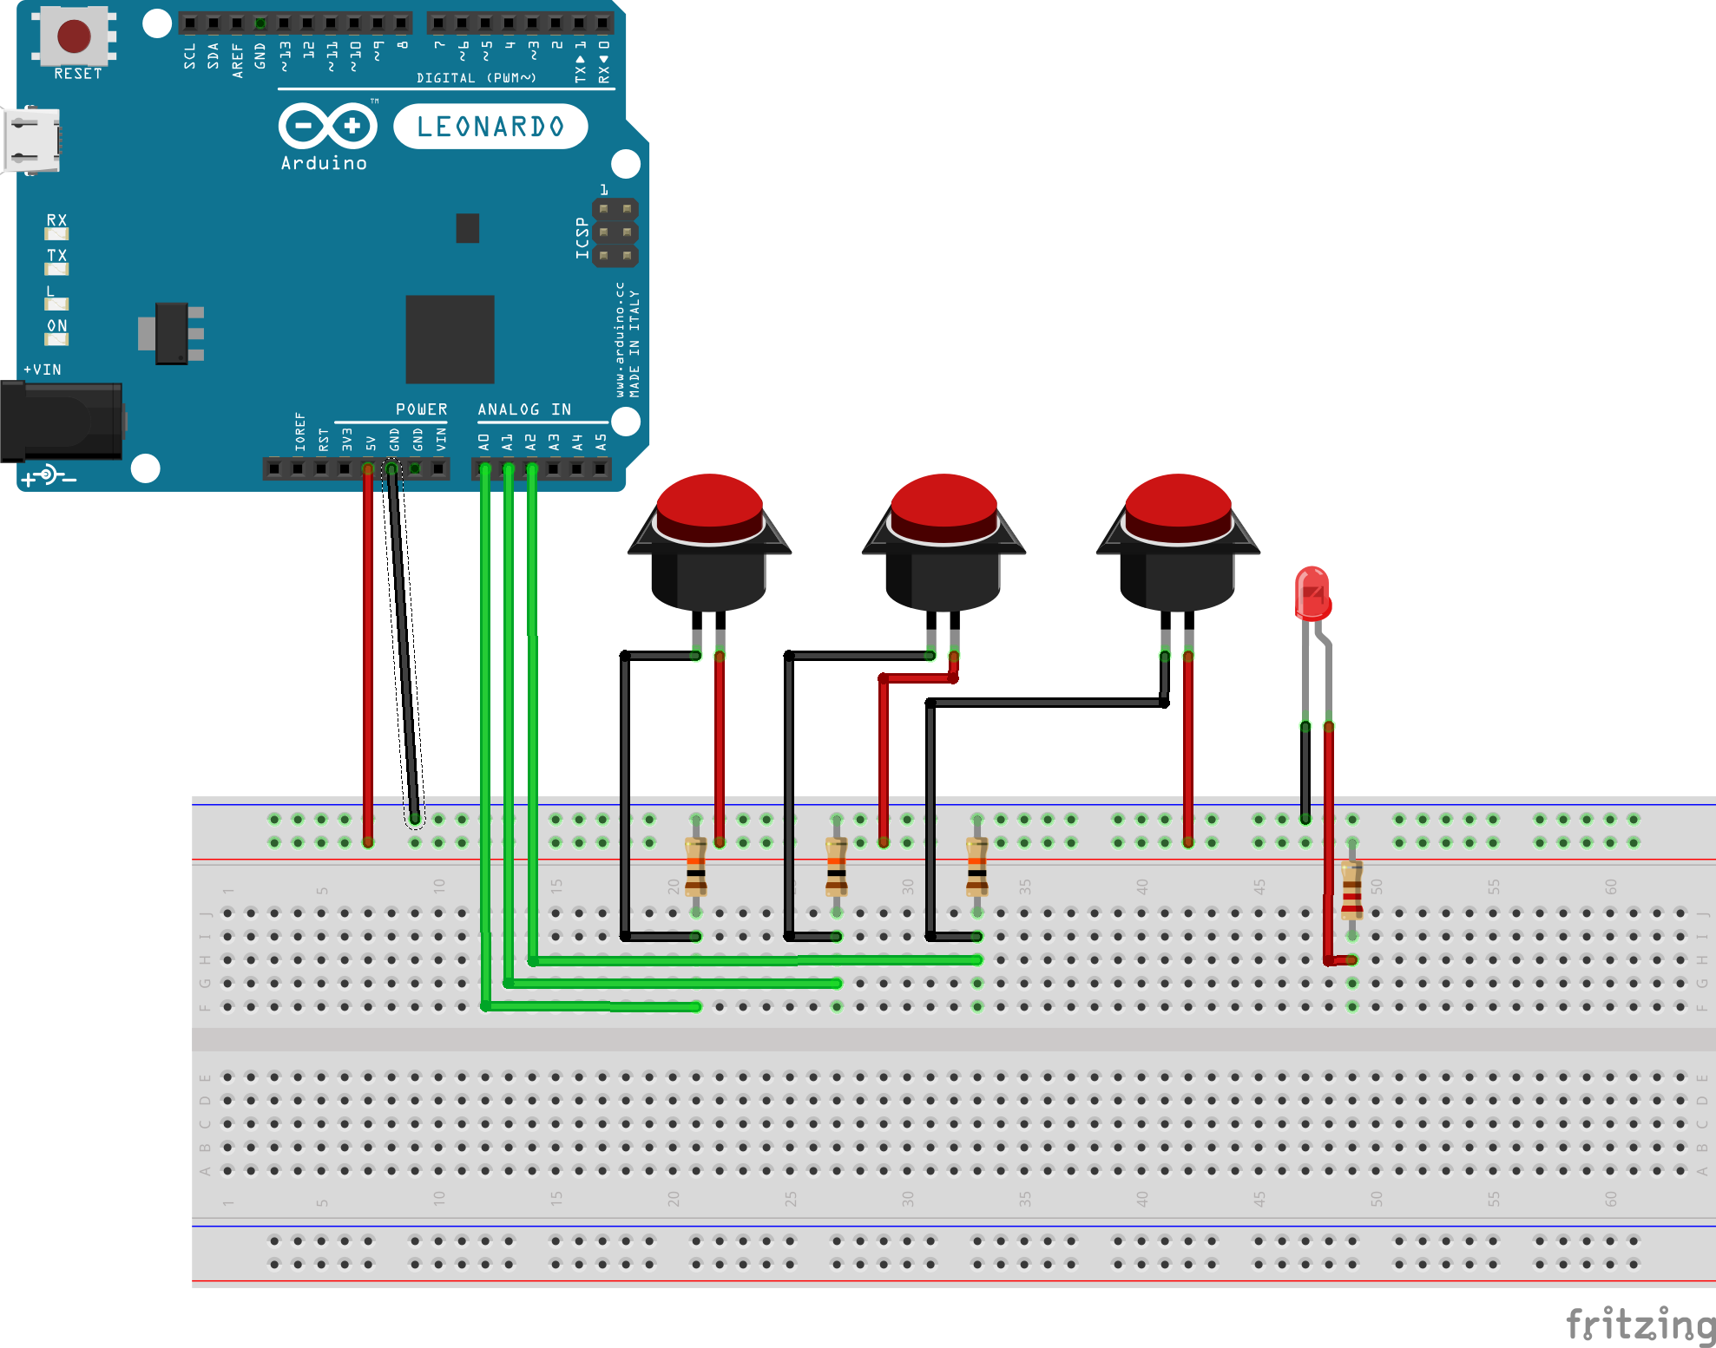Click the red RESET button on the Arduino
(x=74, y=36)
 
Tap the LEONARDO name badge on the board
(x=490, y=127)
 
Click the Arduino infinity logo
(x=327, y=127)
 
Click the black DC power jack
(x=61, y=422)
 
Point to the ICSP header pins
(x=615, y=232)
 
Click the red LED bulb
(x=1312, y=593)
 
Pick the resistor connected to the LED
(x=1351, y=890)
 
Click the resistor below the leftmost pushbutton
(x=695, y=867)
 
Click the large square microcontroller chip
(x=450, y=339)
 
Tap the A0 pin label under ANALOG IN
(x=484, y=442)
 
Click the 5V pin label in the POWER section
(x=371, y=442)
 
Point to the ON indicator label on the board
(x=57, y=325)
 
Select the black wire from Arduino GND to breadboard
(x=404, y=642)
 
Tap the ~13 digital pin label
(x=284, y=56)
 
